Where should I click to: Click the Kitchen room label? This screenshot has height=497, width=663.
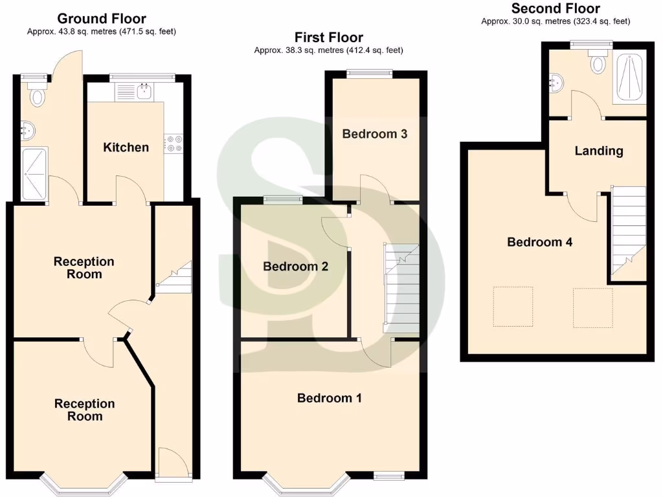pyautogui.click(x=126, y=148)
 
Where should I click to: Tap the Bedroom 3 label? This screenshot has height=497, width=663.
pyautogui.click(x=375, y=134)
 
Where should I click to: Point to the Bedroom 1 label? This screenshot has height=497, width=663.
pyautogui.click(x=329, y=398)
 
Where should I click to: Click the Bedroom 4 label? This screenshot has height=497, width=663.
pyautogui.click(x=539, y=242)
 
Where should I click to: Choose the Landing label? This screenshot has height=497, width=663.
pyautogui.click(x=599, y=151)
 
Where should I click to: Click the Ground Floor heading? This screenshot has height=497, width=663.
pyautogui.click(x=102, y=19)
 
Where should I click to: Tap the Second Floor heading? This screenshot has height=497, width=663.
pyautogui.click(x=556, y=8)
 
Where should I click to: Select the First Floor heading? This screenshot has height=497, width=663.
pyautogui.click(x=329, y=37)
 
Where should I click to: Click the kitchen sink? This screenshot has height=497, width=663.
pyautogui.click(x=144, y=92)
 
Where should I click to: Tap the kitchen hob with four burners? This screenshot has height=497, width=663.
pyautogui.click(x=174, y=143)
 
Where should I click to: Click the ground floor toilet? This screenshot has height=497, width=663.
pyautogui.click(x=38, y=94)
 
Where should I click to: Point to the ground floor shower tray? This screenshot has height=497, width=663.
pyautogui.click(x=34, y=173)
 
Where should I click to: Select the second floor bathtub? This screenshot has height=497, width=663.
pyautogui.click(x=629, y=78)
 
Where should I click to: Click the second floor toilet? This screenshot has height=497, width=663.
pyautogui.click(x=598, y=63)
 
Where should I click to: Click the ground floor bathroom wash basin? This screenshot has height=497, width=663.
pyautogui.click(x=27, y=130)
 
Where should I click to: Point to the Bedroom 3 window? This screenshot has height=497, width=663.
pyautogui.click(x=369, y=74)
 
